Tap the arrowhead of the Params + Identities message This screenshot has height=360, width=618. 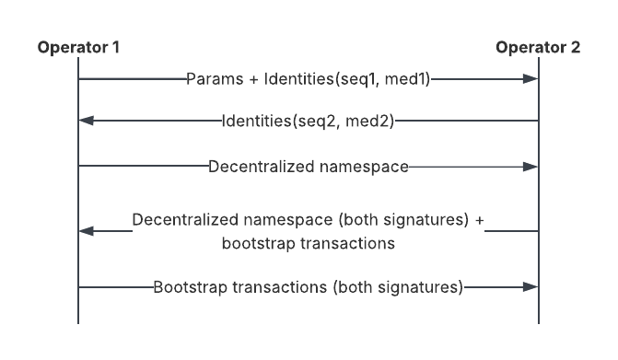pyautogui.click(x=531, y=79)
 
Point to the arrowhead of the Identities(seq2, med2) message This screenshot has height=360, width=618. pyautogui.click(x=86, y=121)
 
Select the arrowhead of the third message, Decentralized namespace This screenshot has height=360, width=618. pyautogui.click(x=531, y=167)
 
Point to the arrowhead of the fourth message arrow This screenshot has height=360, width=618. pyautogui.click(x=86, y=231)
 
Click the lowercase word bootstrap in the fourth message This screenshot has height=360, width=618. pyautogui.click(x=254, y=243)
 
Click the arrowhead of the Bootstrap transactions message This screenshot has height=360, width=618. pyautogui.click(x=531, y=287)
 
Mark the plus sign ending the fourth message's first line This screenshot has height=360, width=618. pyautogui.click(x=476, y=221)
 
